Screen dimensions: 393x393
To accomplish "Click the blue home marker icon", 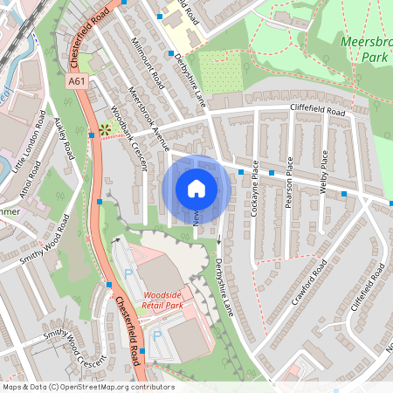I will pyautogui.click(x=196, y=189).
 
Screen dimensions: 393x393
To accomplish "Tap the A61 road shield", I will pyautogui.click(x=76, y=81).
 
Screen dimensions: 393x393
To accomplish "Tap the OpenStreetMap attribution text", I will pyautogui.click(x=87, y=387).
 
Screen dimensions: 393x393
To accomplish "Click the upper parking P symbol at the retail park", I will pyautogui.click(x=129, y=274).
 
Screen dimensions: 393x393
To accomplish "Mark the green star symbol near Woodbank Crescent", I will pyautogui.click(x=105, y=128).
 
